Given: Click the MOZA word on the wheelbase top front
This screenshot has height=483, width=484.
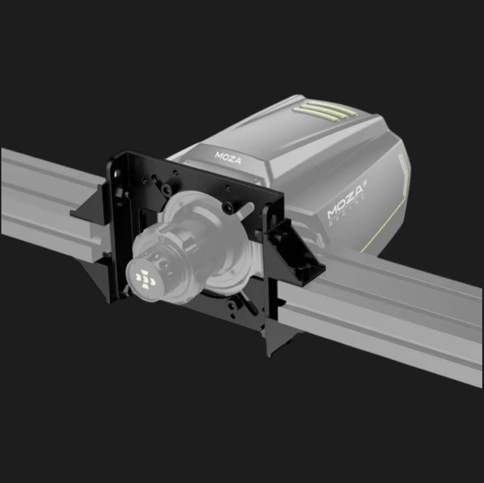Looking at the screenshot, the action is [x=228, y=157].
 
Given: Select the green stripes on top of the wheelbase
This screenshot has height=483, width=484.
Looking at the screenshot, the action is [x=324, y=110].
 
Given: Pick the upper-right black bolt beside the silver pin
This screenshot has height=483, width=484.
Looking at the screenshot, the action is [x=228, y=205].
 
